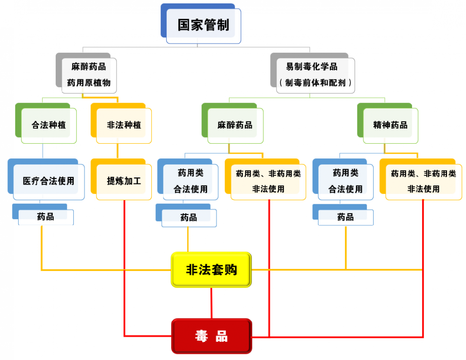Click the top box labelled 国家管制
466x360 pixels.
click(x=203, y=25)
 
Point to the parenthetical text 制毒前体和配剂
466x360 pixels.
click(x=315, y=82)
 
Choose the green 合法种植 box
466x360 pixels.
click(x=48, y=125)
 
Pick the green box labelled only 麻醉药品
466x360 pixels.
click(x=235, y=125)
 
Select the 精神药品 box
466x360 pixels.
click(x=390, y=125)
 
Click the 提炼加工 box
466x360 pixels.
click(x=124, y=181)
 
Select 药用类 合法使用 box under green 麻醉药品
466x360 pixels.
click(x=190, y=181)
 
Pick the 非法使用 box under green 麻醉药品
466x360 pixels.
click(x=268, y=181)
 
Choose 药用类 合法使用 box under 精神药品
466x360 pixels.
click(x=345, y=181)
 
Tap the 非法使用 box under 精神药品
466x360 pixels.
click(x=423, y=181)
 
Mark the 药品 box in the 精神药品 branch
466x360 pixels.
click(x=345, y=217)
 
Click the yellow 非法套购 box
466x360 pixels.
click(x=211, y=270)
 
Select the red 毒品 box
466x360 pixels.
click(x=211, y=336)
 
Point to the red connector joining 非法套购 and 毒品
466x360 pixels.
click(x=211, y=303)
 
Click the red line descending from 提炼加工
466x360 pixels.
click(x=124, y=268)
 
